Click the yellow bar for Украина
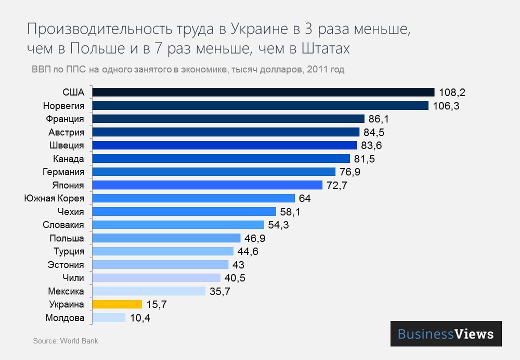coord(117,304)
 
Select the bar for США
coord(263,92)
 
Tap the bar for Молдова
coord(109,317)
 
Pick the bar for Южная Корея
coord(193,198)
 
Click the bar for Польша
coord(166,238)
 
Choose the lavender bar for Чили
coord(157,278)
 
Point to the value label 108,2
coord(451,93)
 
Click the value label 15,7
coord(156,304)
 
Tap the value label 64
coord(305,198)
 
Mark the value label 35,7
coord(219,291)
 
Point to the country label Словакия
coord(63,225)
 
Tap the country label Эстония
coord(66,265)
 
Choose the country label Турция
coord(69,251)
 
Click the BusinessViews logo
coord(446,334)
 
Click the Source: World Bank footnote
coord(66,341)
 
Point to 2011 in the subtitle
coord(318,69)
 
